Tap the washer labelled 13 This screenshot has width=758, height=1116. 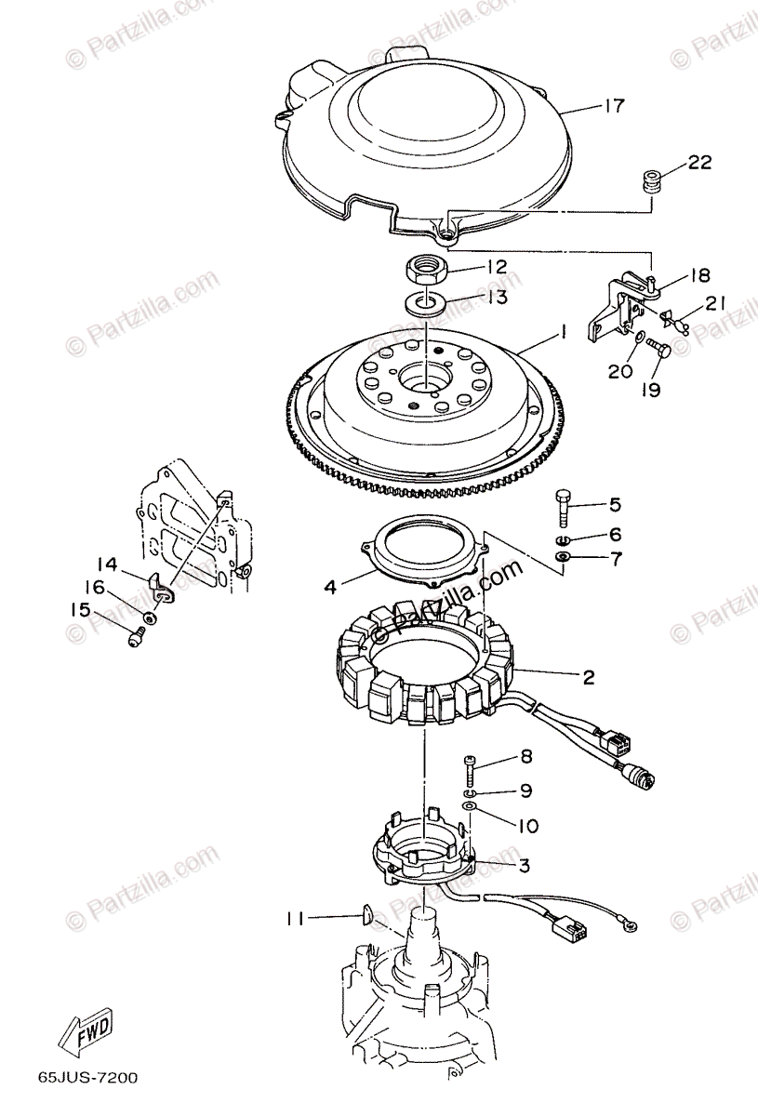[x=423, y=302]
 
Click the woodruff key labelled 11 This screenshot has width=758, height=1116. [x=365, y=914]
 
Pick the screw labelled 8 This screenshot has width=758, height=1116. [x=471, y=766]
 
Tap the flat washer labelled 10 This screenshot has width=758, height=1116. [x=470, y=805]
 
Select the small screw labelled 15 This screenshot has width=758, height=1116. [x=137, y=637]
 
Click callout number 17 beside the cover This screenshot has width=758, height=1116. [x=613, y=106]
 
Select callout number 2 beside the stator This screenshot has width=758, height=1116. [x=588, y=677]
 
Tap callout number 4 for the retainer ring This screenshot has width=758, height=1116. [x=329, y=588]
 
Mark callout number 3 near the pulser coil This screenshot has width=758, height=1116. [x=525, y=865]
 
